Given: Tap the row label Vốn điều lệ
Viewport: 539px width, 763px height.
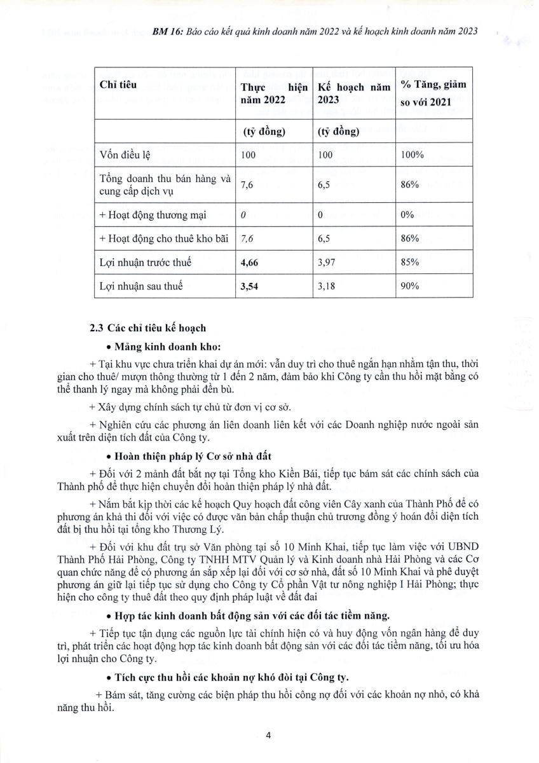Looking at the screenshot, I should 126,155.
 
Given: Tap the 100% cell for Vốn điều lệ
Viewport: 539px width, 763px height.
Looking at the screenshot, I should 413,155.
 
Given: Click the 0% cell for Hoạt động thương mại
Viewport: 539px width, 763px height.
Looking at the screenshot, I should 407,214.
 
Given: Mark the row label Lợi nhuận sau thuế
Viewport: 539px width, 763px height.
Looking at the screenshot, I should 141,286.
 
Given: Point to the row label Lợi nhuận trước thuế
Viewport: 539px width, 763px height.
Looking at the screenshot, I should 146,262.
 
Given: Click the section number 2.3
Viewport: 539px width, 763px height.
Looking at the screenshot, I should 97,328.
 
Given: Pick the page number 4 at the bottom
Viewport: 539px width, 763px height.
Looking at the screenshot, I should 269,736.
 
